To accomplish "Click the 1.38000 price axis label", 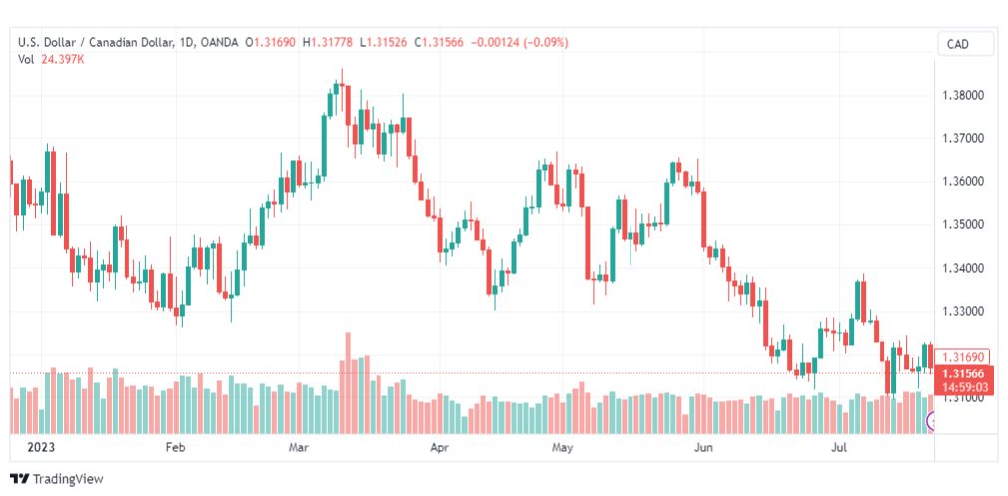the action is [x=963, y=95].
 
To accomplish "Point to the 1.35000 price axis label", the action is [x=963, y=225].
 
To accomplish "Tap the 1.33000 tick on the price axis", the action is [x=963, y=311].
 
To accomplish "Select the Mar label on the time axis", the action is [x=298, y=447].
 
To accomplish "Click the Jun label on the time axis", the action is [x=704, y=447].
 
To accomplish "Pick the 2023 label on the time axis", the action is [x=41, y=447].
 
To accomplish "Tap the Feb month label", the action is [x=175, y=447].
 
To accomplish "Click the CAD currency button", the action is [x=958, y=45].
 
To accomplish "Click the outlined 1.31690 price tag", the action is [x=962, y=356].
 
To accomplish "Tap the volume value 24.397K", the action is [x=63, y=59].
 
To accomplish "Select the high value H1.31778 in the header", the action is [x=331, y=43].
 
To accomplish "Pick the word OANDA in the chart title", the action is [x=220, y=43].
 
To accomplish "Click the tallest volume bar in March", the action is [x=348, y=382].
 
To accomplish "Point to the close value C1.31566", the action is [x=439, y=43].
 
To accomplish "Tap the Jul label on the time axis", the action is [x=839, y=447].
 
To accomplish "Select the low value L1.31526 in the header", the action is [x=383, y=43].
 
